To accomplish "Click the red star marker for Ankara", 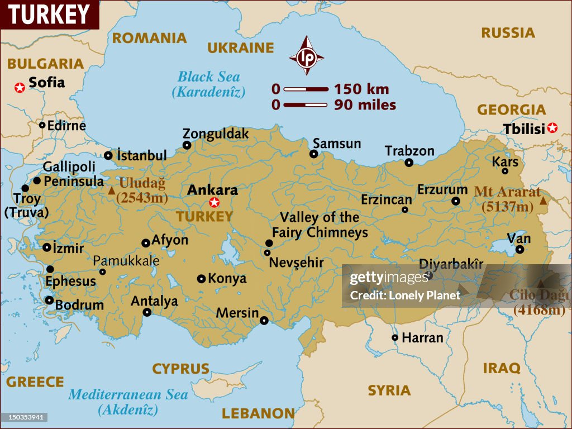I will pyautogui.click(x=213, y=202).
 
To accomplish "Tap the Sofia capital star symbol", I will pyautogui.click(x=20, y=87).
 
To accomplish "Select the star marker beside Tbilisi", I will pyautogui.click(x=552, y=128).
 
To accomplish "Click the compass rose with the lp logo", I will pyautogui.click(x=306, y=56).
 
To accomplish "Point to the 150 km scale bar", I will pyautogui.click(x=306, y=89).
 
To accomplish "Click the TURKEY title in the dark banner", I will pyautogui.click(x=49, y=15).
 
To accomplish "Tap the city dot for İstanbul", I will pyautogui.click(x=108, y=155).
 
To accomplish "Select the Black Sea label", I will pyautogui.click(x=208, y=77).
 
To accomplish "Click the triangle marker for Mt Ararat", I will pyautogui.click(x=543, y=199).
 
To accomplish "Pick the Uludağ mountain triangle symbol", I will pyautogui.click(x=112, y=191).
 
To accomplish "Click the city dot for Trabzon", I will pyautogui.click(x=409, y=163).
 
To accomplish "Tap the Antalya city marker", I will pyautogui.click(x=147, y=312).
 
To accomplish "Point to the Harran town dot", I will pyautogui.click(x=395, y=337).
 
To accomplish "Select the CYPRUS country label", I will pyautogui.click(x=180, y=369).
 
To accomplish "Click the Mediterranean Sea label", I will pyautogui.click(x=128, y=394).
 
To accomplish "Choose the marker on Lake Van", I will pyautogui.click(x=520, y=250).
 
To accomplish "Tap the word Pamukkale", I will pyautogui.click(x=126, y=261).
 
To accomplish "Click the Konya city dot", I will pyautogui.click(x=201, y=278).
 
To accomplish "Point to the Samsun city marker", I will pyautogui.click(x=314, y=154).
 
